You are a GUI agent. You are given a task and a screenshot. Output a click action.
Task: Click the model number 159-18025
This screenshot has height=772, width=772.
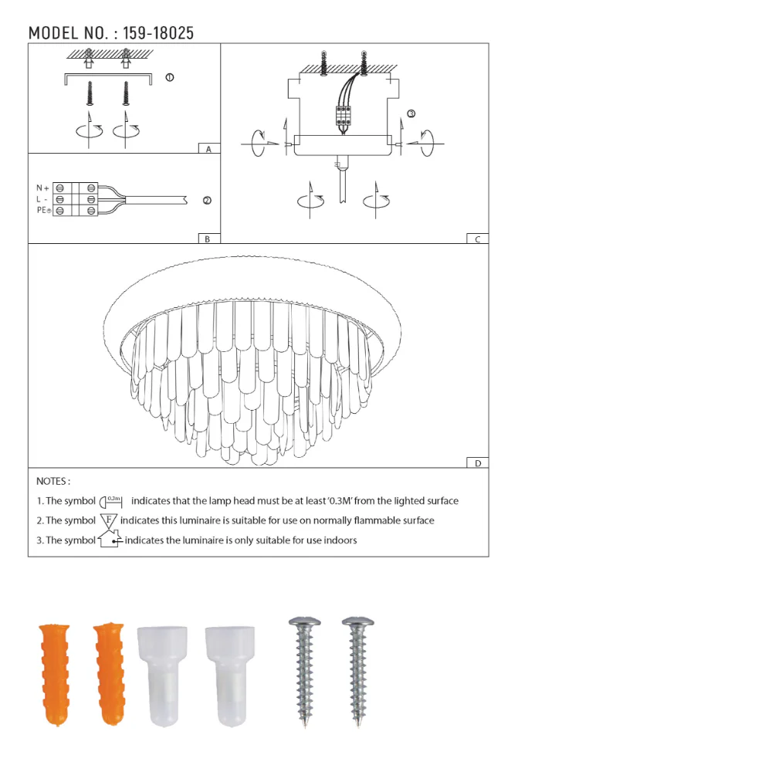(x=159, y=33)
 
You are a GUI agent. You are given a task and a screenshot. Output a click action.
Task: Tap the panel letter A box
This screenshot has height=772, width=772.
(x=208, y=149)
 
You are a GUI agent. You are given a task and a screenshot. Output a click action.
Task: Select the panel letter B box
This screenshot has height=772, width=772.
(x=208, y=239)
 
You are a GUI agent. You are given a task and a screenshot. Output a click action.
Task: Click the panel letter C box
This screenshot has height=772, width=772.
(x=477, y=239)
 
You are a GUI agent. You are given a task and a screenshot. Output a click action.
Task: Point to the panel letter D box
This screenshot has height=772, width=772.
(x=477, y=463)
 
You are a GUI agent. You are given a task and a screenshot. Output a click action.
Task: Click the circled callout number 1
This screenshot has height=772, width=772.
(x=170, y=77)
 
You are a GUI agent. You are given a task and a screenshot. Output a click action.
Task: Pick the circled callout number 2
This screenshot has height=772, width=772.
(x=207, y=201)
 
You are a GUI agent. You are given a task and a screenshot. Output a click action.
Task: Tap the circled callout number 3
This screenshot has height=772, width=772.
(x=411, y=113)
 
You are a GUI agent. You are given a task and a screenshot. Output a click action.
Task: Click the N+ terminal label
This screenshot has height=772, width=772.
(x=42, y=188)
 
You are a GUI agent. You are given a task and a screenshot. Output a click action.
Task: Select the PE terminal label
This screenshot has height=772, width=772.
(x=42, y=210)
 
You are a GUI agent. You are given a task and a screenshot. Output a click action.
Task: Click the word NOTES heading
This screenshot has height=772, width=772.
(x=53, y=481)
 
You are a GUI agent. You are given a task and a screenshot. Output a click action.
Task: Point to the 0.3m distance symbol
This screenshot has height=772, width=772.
(x=113, y=501)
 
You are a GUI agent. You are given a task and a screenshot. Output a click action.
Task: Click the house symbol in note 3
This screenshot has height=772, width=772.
(x=110, y=540)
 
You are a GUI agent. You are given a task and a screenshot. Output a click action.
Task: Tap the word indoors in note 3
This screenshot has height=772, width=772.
(x=340, y=540)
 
